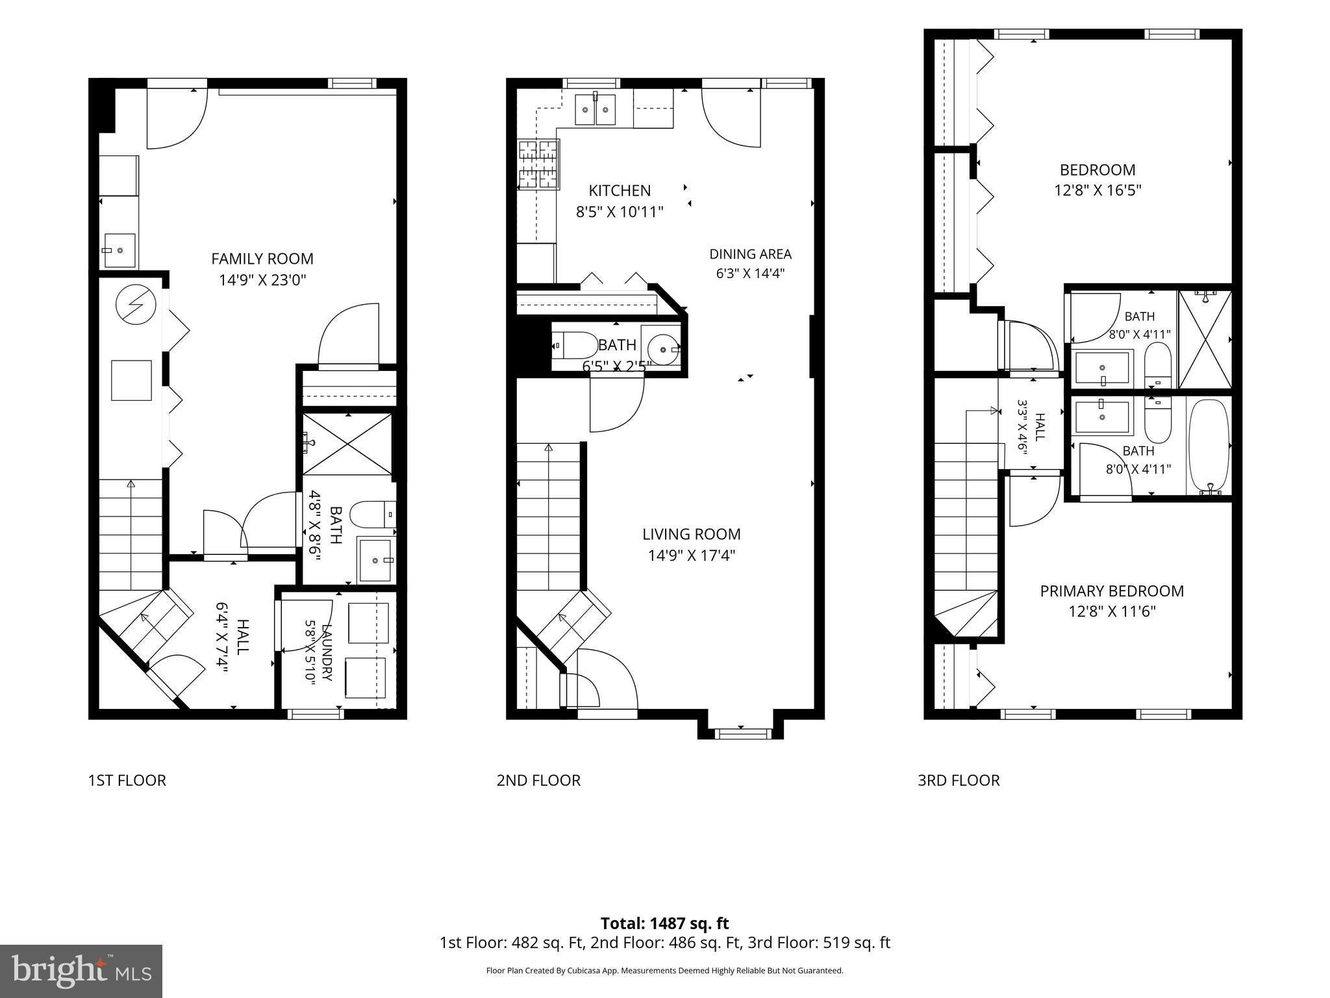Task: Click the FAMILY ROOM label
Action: tap(262, 259)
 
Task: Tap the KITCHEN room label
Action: tap(620, 190)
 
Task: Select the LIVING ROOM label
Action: tap(692, 534)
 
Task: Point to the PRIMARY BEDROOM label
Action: tap(1112, 591)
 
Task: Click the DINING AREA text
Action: tap(750, 254)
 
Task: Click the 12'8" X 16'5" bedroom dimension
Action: tap(1098, 190)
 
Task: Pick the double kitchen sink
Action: tap(595, 109)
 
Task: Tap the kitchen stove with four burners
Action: tap(538, 164)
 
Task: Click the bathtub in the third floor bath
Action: tap(1209, 447)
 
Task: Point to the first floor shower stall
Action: tap(348, 444)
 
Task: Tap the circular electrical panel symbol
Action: tap(134, 305)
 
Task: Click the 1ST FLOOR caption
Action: tap(127, 780)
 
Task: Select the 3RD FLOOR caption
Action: tap(959, 780)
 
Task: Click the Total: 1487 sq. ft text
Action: tap(664, 923)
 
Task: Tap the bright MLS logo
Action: tap(81, 971)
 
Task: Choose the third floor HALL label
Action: tap(1039, 427)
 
